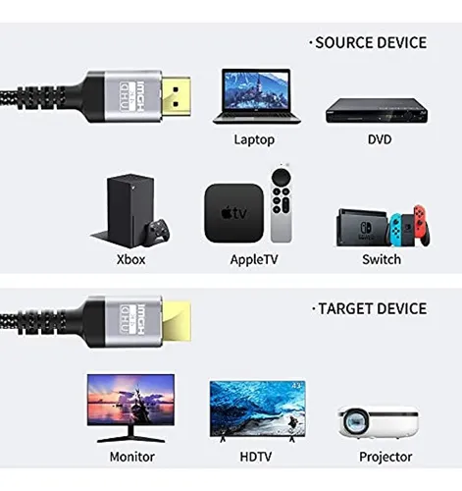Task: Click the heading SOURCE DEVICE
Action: tap(371, 43)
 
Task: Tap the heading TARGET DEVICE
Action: tap(373, 308)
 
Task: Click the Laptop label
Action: tap(254, 139)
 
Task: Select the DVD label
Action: tap(380, 139)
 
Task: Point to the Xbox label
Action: tap(131, 259)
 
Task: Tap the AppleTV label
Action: tap(254, 260)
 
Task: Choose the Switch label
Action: tap(382, 259)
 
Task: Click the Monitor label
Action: tap(132, 457)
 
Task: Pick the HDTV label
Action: tap(256, 457)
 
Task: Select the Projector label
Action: tap(385, 457)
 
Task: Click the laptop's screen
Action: tap(256, 90)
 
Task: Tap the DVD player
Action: tap(377, 111)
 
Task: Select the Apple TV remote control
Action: tap(281, 204)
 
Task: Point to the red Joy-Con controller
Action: tap(422, 226)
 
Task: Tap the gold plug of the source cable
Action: tap(176, 97)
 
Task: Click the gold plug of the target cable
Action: tap(177, 321)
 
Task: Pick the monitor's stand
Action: tap(131, 435)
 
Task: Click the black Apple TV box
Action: tap(233, 213)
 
